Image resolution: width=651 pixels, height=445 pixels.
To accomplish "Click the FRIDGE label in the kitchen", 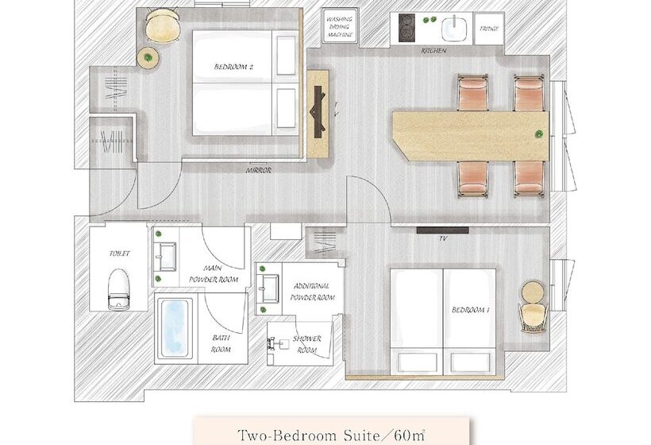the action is pos(489,29).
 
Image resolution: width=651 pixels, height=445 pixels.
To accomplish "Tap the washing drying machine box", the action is pos(340,25).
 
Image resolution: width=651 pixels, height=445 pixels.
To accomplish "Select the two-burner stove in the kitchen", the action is pos(406,28).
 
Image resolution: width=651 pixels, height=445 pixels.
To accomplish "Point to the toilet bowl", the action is pos(119,288).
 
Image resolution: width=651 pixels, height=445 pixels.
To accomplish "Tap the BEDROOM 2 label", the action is pos(233,67).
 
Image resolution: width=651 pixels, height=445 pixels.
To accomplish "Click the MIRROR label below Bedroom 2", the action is pos(258,170).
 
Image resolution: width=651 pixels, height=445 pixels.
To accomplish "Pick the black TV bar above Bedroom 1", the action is pos(442,230).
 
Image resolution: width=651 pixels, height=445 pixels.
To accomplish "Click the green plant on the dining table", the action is pos(539,134).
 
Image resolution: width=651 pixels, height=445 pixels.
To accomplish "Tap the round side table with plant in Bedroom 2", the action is pos(148,58).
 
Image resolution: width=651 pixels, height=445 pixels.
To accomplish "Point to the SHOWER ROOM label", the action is pos(306,344).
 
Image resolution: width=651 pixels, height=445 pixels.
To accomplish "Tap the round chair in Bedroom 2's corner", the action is pos(163,26).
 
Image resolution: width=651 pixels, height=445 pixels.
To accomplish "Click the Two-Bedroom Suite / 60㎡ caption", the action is pos(331,435).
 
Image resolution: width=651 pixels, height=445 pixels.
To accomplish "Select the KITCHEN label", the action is pos(433,51).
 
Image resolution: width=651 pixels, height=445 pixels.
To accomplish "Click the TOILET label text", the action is pos(120,253).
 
